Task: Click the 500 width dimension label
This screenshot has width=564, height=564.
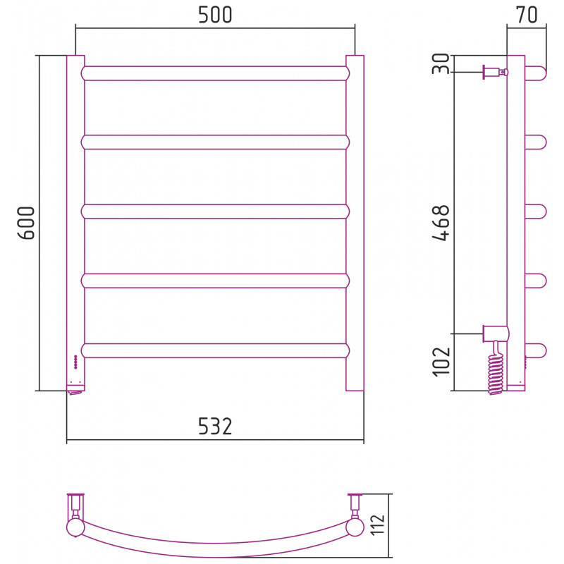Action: tap(215, 15)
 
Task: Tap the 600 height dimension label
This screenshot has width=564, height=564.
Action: tap(26, 223)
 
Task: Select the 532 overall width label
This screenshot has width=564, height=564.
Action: tap(215, 427)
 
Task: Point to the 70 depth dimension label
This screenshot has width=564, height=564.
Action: tap(527, 15)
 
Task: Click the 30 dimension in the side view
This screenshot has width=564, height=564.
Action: tap(441, 63)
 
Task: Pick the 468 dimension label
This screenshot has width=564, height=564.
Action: tap(441, 223)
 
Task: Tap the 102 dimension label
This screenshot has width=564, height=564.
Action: tap(441, 362)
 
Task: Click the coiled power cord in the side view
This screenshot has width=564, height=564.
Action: tap(496, 369)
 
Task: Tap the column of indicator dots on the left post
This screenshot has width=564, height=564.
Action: tap(75, 362)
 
